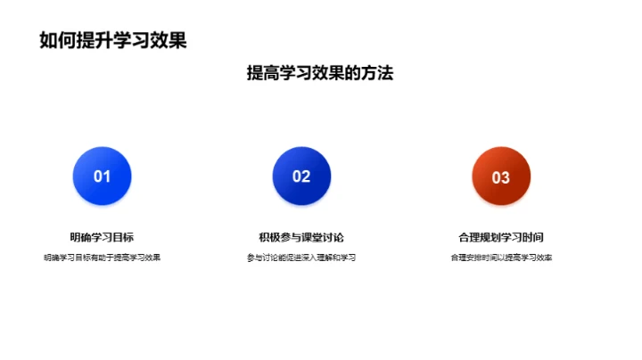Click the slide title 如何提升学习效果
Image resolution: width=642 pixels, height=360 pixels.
coord(113,40)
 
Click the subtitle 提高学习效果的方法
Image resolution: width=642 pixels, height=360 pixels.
coord(320,74)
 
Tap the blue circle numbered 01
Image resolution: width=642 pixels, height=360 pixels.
coord(102,176)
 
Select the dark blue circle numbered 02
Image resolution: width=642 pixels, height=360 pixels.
coord(301,176)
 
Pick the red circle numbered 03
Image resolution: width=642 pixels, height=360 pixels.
coord(501,176)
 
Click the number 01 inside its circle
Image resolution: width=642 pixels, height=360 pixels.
coord(102,176)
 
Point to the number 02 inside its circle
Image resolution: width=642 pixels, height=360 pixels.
coord(301,176)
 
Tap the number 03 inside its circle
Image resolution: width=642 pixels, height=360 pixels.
coord(501,177)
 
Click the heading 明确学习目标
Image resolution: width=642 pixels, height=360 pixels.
coord(102,237)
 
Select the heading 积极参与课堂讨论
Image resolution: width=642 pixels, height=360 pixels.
coord(301,237)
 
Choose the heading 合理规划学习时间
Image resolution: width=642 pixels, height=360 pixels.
coord(501,237)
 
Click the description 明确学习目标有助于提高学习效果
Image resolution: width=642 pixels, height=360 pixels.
coord(102,258)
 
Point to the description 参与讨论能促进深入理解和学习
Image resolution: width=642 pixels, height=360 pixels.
coord(301,258)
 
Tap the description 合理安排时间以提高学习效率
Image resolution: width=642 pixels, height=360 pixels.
coord(501,258)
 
